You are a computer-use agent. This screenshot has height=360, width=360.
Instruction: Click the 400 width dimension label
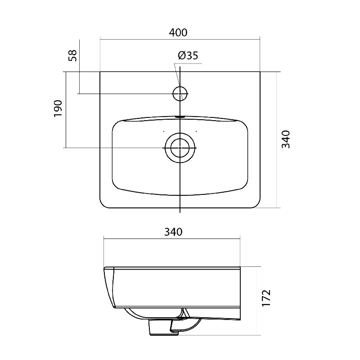[178, 32]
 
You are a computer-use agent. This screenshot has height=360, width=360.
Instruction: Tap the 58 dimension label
[73, 55]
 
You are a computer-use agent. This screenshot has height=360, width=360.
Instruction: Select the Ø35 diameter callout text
[188, 55]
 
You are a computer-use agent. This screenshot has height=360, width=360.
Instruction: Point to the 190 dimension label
[58, 108]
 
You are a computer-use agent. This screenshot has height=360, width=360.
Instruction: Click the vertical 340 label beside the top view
[286, 139]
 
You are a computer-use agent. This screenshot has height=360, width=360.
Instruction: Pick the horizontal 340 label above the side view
[173, 232]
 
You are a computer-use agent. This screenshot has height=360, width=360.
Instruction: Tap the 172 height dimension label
[266, 298]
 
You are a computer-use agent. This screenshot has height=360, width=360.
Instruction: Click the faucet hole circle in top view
[180, 86]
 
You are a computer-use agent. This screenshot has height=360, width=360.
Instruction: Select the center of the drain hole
[180, 148]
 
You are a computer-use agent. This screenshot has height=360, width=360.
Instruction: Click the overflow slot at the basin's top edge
[180, 117]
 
